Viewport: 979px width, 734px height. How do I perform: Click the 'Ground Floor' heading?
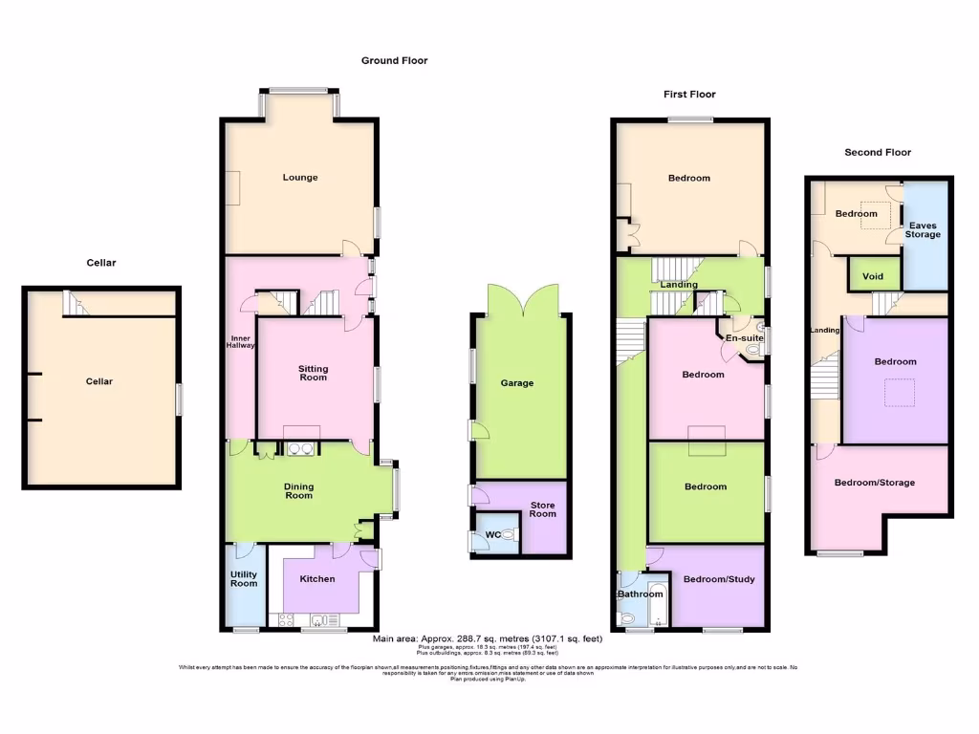[394, 60]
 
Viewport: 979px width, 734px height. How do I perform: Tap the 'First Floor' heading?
[689, 94]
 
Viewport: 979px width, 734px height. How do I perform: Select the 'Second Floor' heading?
[878, 152]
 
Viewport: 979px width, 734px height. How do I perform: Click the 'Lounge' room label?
[300, 177]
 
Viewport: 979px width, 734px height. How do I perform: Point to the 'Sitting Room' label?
[313, 372]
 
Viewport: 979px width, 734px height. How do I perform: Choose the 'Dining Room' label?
[298, 491]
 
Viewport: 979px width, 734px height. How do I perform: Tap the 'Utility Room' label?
[244, 577]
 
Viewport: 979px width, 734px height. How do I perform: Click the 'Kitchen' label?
[317, 578]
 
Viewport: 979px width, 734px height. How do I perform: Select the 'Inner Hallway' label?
[240, 340]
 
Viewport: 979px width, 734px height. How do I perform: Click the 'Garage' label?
[517, 383]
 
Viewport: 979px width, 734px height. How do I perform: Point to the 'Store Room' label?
[543, 509]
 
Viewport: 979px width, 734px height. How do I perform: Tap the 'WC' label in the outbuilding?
[492, 534]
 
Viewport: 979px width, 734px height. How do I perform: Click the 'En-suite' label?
[744, 338]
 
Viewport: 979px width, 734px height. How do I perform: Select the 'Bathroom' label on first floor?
[640, 594]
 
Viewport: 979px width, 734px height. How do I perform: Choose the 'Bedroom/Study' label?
[716, 578]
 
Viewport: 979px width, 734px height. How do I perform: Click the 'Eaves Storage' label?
[924, 228]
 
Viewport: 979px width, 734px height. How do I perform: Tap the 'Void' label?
[873, 277]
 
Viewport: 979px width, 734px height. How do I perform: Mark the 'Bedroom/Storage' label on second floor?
[874, 483]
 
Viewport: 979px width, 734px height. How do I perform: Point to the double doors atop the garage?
[522, 298]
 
